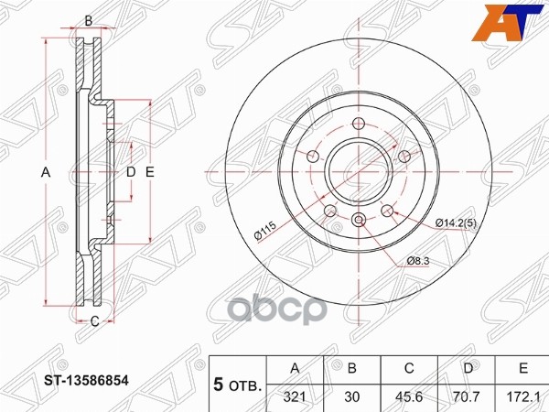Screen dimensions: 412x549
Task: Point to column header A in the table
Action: (x=294, y=369)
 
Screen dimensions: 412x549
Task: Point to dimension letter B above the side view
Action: (x=89, y=20)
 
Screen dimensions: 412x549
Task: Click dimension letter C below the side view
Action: (x=94, y=320)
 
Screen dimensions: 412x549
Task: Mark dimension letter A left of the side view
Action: (x=44, y=172)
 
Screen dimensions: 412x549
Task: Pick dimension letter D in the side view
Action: (x=130, y=172)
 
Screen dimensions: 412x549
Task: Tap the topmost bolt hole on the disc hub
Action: (x=359, y=124)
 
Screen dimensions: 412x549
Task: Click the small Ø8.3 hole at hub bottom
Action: (x=359, y=219)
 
